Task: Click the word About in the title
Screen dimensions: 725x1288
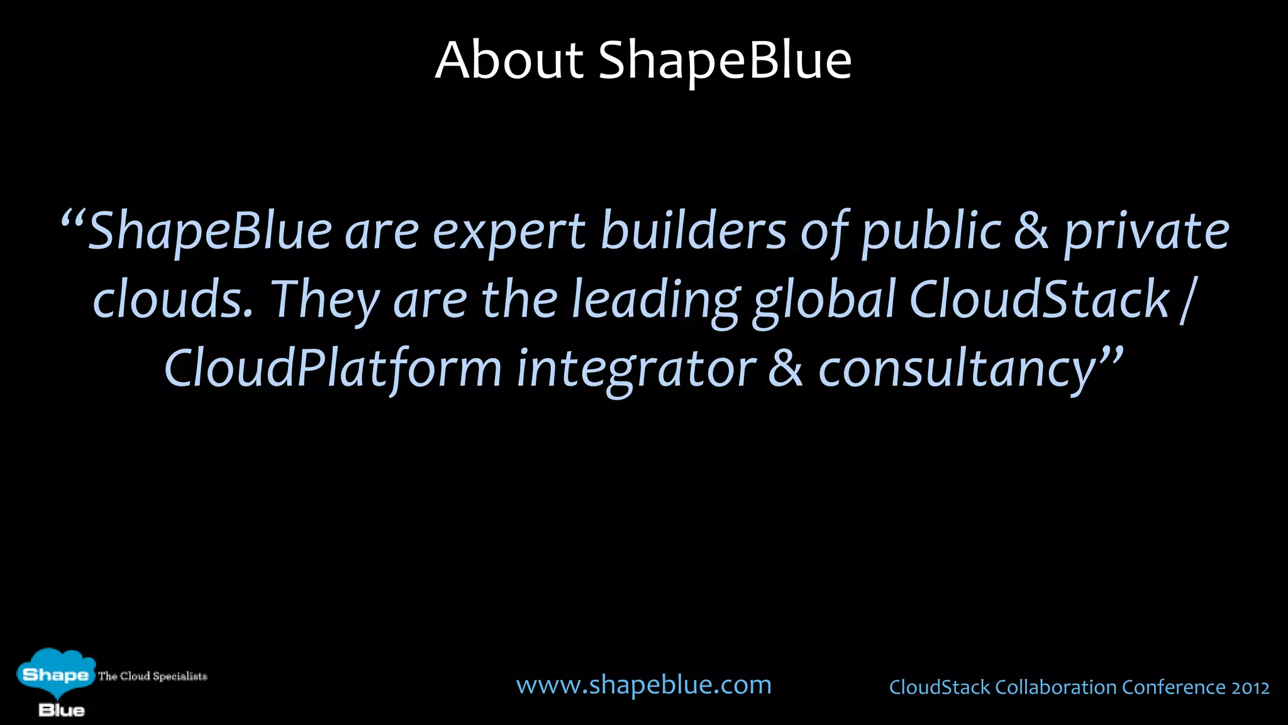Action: coord(509,60)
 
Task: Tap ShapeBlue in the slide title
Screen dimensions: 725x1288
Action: coord(724,60)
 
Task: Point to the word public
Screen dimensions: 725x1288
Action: coord(931,232)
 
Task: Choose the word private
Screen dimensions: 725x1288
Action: coord(1146,232)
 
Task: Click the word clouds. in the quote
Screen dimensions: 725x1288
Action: coord(173,300)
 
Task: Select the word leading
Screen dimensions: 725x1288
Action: coord(655,301)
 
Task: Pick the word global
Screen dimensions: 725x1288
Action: coord(824,301)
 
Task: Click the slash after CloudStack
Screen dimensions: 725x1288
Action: coord(1186,301)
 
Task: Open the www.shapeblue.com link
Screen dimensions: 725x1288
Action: coord(643,685)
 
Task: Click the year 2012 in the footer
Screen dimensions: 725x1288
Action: coord(1250,687)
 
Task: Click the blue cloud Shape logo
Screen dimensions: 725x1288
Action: coord(55,675)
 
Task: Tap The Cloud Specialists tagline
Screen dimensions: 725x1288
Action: coord(152,677)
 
